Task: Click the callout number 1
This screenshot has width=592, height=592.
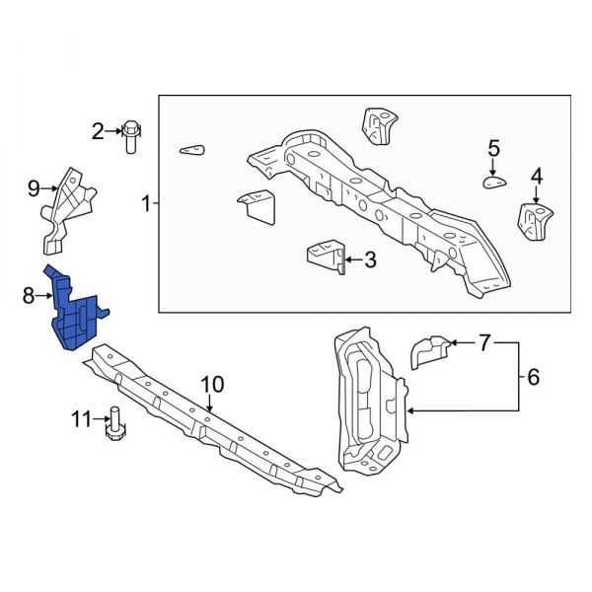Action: [146, 205]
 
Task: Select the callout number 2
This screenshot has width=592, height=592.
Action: [99, 130]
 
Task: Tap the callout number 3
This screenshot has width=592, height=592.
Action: [370, 260]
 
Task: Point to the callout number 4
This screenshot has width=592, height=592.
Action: [537, 177]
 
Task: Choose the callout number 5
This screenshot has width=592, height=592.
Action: [493, 149]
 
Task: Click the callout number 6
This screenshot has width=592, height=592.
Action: [533, 376]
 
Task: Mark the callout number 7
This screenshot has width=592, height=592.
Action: [484, 343]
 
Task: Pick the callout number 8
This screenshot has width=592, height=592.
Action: [29, 294]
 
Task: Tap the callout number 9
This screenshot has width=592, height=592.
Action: [34, 186]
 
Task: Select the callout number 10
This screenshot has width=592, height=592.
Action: [212, 384]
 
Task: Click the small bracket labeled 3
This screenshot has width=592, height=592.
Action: [327, 255]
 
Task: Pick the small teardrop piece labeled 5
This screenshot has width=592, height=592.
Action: [492, 181]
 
